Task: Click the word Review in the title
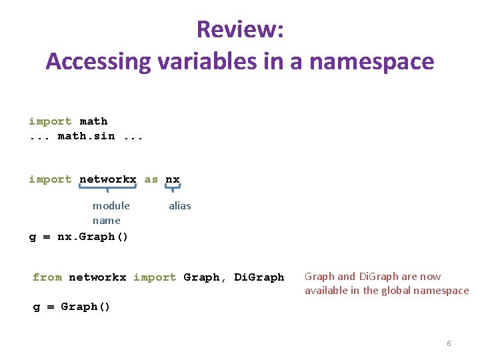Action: [239, 29]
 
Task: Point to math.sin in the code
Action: [86, 136]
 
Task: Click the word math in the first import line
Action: [93, 121]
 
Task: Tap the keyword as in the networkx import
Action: [151, 179]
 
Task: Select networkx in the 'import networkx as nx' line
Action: [107, 179]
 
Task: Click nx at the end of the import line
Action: [173, 179]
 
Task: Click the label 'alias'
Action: [179, 206]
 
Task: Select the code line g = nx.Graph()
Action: [79, 237]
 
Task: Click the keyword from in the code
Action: [47, 277]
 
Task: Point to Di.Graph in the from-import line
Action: [259, 277]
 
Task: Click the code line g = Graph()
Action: [72, 307]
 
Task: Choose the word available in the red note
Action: [327, 291]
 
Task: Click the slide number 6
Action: [449, 343]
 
